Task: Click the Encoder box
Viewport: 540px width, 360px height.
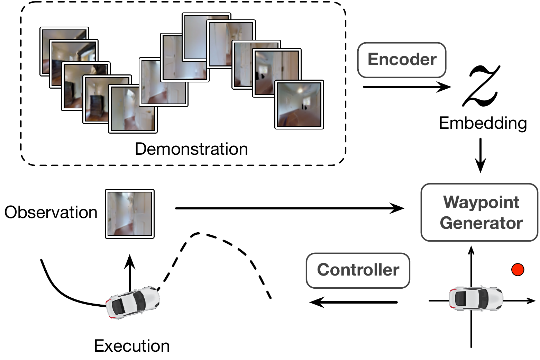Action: (402, 60)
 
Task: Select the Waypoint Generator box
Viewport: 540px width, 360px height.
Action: (479, 212)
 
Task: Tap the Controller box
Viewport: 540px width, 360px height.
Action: (358, 270)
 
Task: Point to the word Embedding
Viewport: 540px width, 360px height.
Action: (483, 123)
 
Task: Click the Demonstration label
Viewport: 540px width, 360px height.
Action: (191, 149)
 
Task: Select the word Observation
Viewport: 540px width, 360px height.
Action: (51, 212)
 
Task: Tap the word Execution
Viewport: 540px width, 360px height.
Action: (132, 346)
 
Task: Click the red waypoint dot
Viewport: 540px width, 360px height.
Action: (518, 269)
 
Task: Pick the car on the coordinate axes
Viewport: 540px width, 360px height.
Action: (476, 298)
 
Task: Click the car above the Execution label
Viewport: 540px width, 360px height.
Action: (133, 302)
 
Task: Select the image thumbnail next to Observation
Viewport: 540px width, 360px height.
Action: (130, 214)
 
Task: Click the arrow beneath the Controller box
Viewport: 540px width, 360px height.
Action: (354, 302)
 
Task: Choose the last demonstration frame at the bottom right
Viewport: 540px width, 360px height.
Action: (299, 105)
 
